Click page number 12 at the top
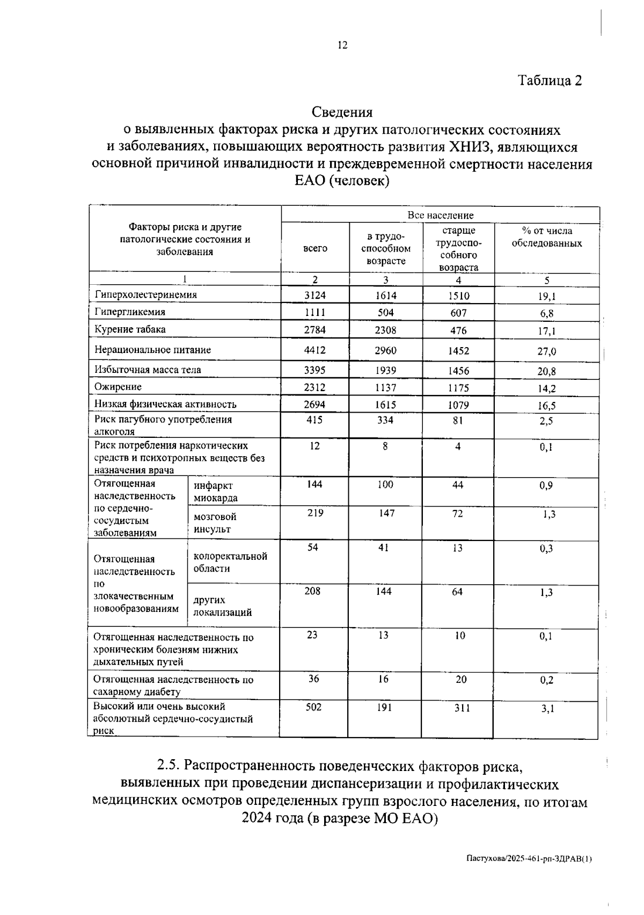click(x=342, y=45)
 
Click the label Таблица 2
click(x=550, y=81)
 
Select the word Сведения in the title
click(x=342, y=112)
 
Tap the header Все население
click(x=440, y=215)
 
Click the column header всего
click(x=315, y=248)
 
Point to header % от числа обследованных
click(x=546, y=237)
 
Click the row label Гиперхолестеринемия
click(x=146, y=294)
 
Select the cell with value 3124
click(x=315, y=295)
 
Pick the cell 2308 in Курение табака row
click(x=385, y=330)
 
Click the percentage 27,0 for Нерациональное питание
click(x=547, y=351)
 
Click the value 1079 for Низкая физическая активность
click(x=458, y=405)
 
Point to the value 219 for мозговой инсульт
click(x=315, y=513)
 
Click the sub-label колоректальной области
click(x=230, y=563)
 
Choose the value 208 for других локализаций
click(x=312, y=592)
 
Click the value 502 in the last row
click(x=313, y=708)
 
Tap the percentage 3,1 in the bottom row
click(x=547, y=709)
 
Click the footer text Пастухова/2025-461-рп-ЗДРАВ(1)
click(x=529, y=859)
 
